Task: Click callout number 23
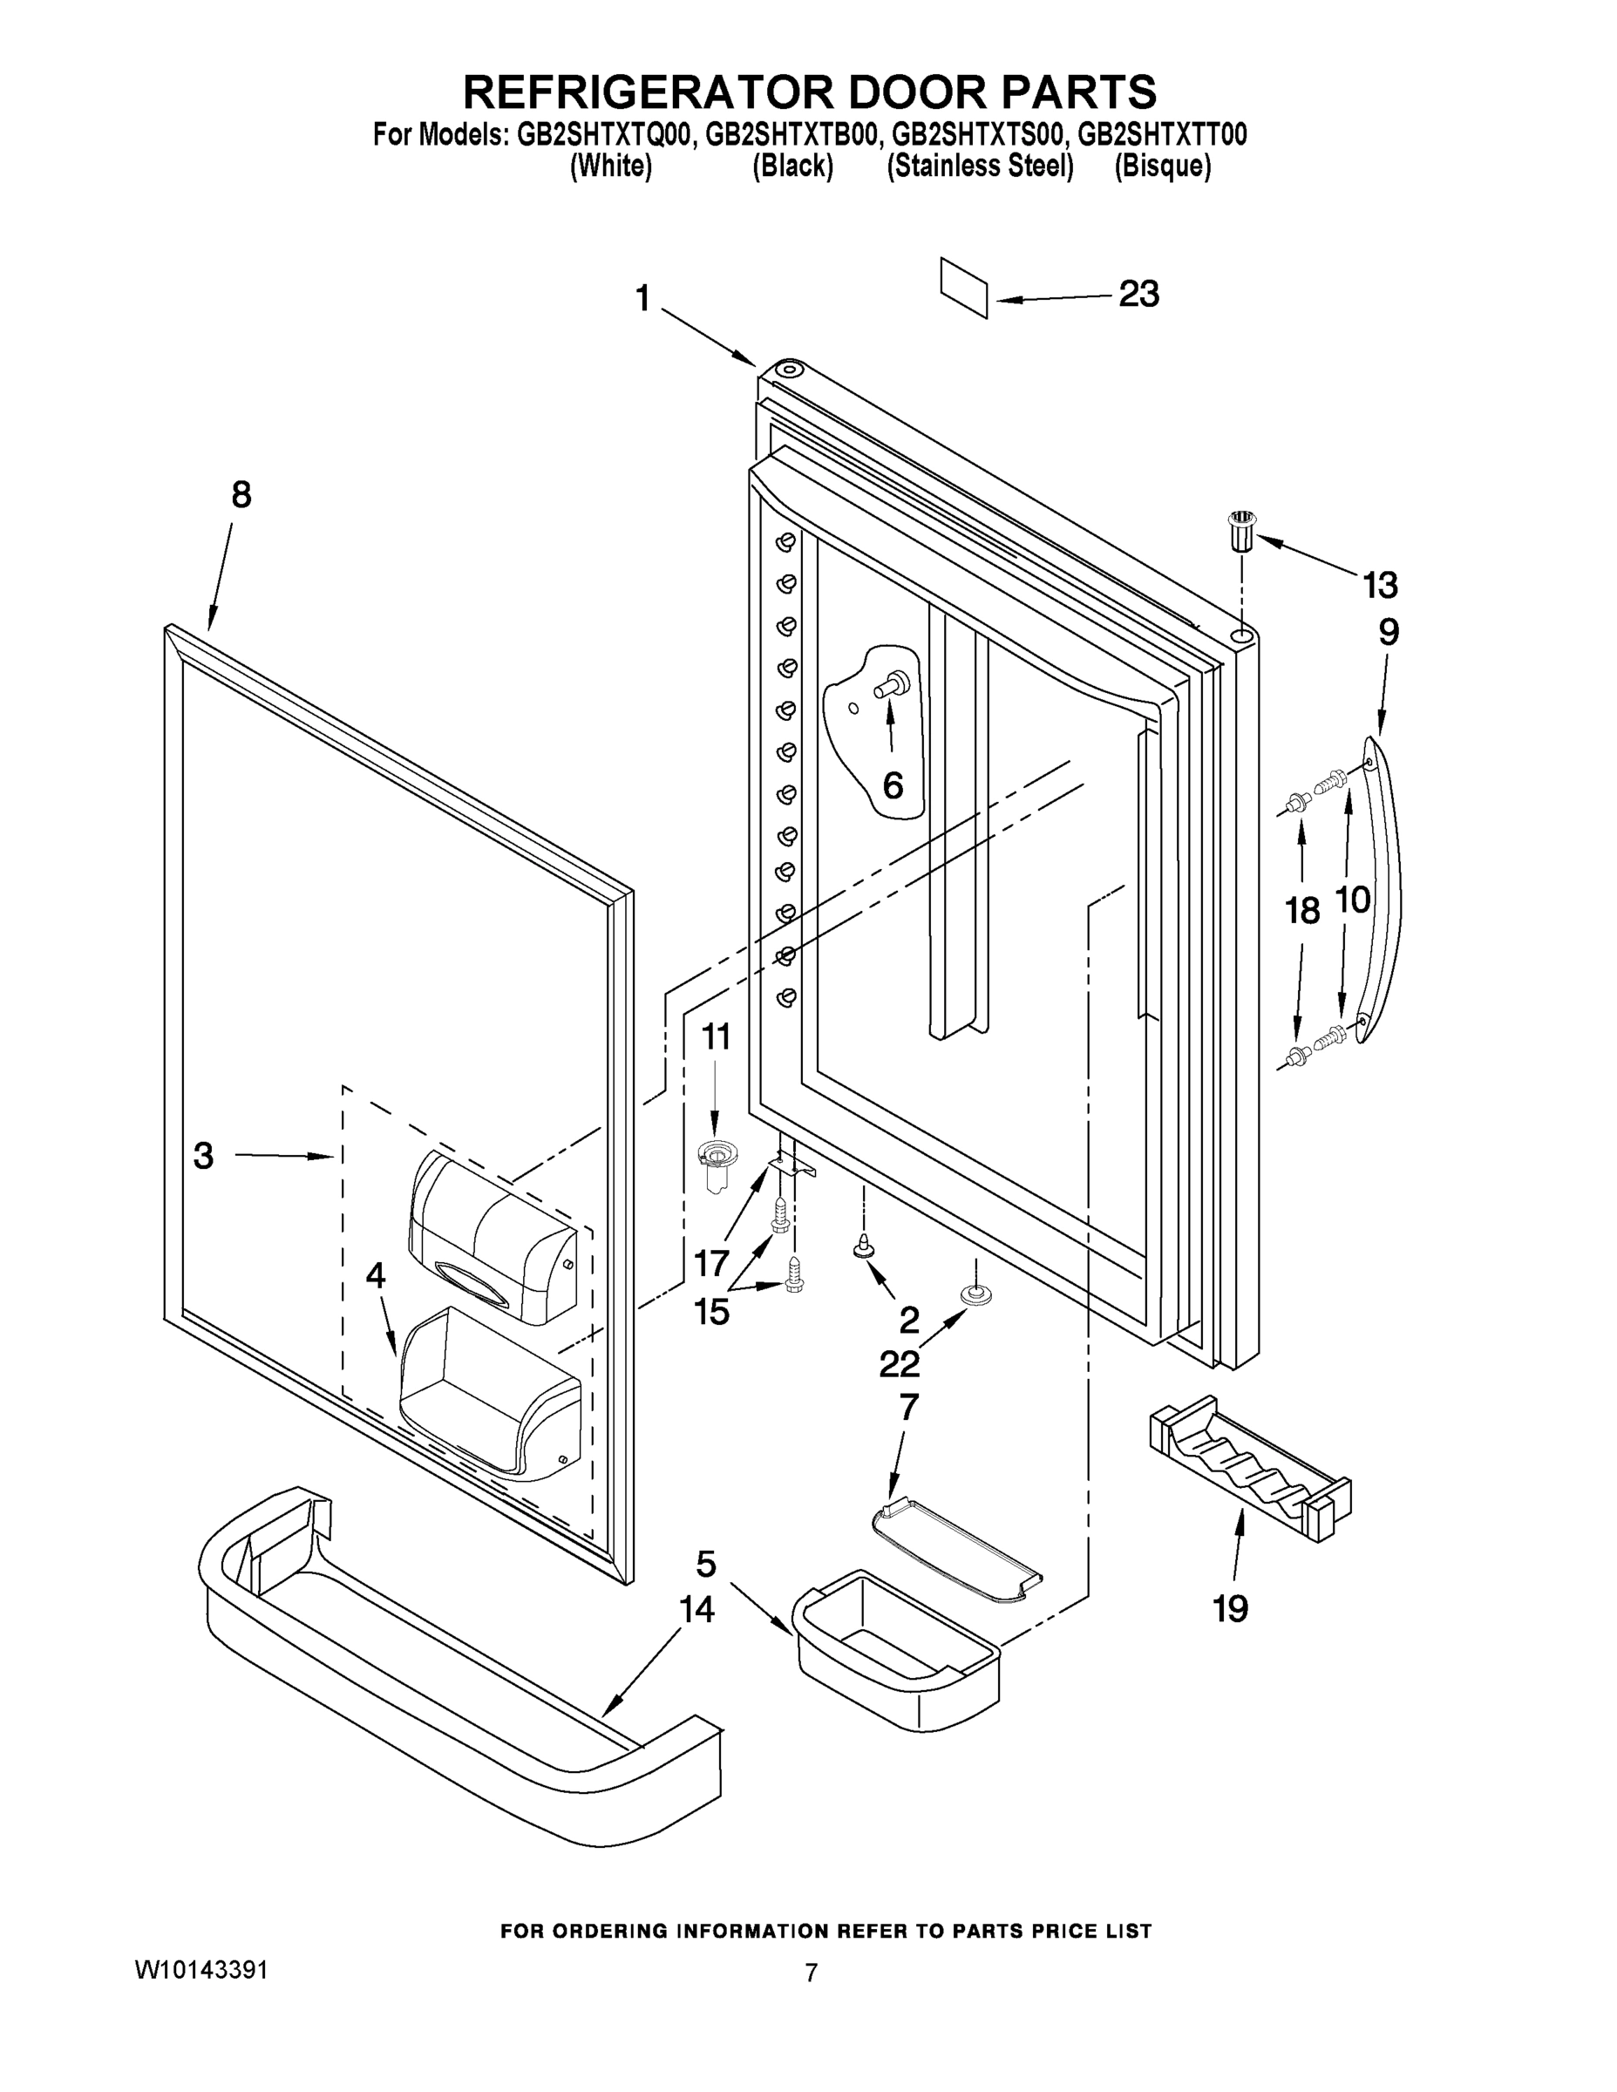pyautogui.click(x=1139, y=294)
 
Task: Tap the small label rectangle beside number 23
pyautogui.click(x=964, y=287)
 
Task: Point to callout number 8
pyautogui.click(x=241, y=495)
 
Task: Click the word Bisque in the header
pyautogui.click(x=1162, y=166)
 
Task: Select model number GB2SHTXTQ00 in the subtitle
pyautogui.click(x=602, y=135)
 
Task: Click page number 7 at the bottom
pyautogui.click(x=811, y=1973)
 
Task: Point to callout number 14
pyautogui.click(x=696, y=1610)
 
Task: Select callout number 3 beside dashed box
pyautogui.click(x=203, y=1155)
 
